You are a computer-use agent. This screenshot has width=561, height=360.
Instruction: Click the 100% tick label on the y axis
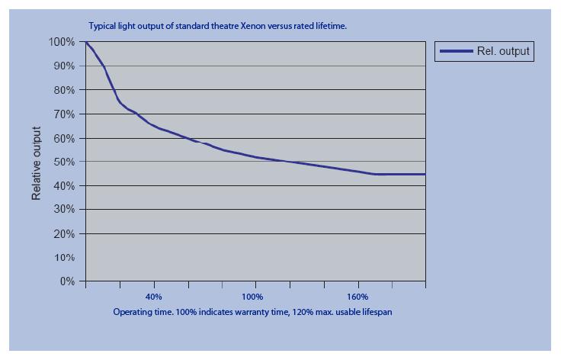pyautogui.click(x=63, y=42)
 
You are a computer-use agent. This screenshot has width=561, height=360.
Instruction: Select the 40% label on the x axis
pyautogui.click(x=153, y=297)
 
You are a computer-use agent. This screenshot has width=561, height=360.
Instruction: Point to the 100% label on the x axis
pyautogui.click(x=252, y=297)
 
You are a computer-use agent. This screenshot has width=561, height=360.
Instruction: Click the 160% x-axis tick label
pyautogui.click(x=357, y=297)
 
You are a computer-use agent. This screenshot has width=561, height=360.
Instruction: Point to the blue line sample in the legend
pyautogui.click(x=456, y=52)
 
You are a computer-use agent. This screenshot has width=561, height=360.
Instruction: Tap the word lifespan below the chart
pyautogui.click(x=376, y=312)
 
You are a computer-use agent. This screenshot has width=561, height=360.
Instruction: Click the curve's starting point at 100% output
pyautogui.click(x=86, y=43)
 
